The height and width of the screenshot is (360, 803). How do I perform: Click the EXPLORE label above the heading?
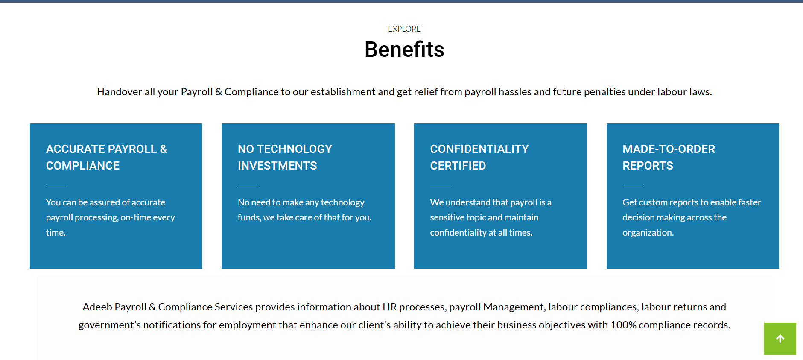click(x=404, y=29)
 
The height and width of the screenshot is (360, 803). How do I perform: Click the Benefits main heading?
click(x=404, y=49)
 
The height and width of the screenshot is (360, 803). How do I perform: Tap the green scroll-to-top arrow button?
click(x=780, y=339)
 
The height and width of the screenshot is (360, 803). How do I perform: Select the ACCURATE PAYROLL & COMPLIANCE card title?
click(x=107, y=157)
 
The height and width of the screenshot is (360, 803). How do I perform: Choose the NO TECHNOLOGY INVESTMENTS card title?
click(x=285, y=157)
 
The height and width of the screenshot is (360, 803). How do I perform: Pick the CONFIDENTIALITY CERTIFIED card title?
click(x=479, y=157)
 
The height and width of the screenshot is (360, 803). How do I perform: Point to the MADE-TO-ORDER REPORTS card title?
click(x=669, y=157)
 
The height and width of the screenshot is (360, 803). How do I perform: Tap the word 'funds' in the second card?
click(x=249, y=217)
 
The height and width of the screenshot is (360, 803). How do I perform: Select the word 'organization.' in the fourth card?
click(x=648, y=233)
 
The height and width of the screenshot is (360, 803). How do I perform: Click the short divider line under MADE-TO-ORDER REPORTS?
click(x=633, y=187)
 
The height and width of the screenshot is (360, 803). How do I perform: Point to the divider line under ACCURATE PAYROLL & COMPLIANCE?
click(x=56, y=187)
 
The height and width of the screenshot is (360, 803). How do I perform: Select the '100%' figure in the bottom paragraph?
click(x=623, y=325)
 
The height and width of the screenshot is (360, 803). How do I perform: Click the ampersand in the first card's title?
click(x=164, y=149)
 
